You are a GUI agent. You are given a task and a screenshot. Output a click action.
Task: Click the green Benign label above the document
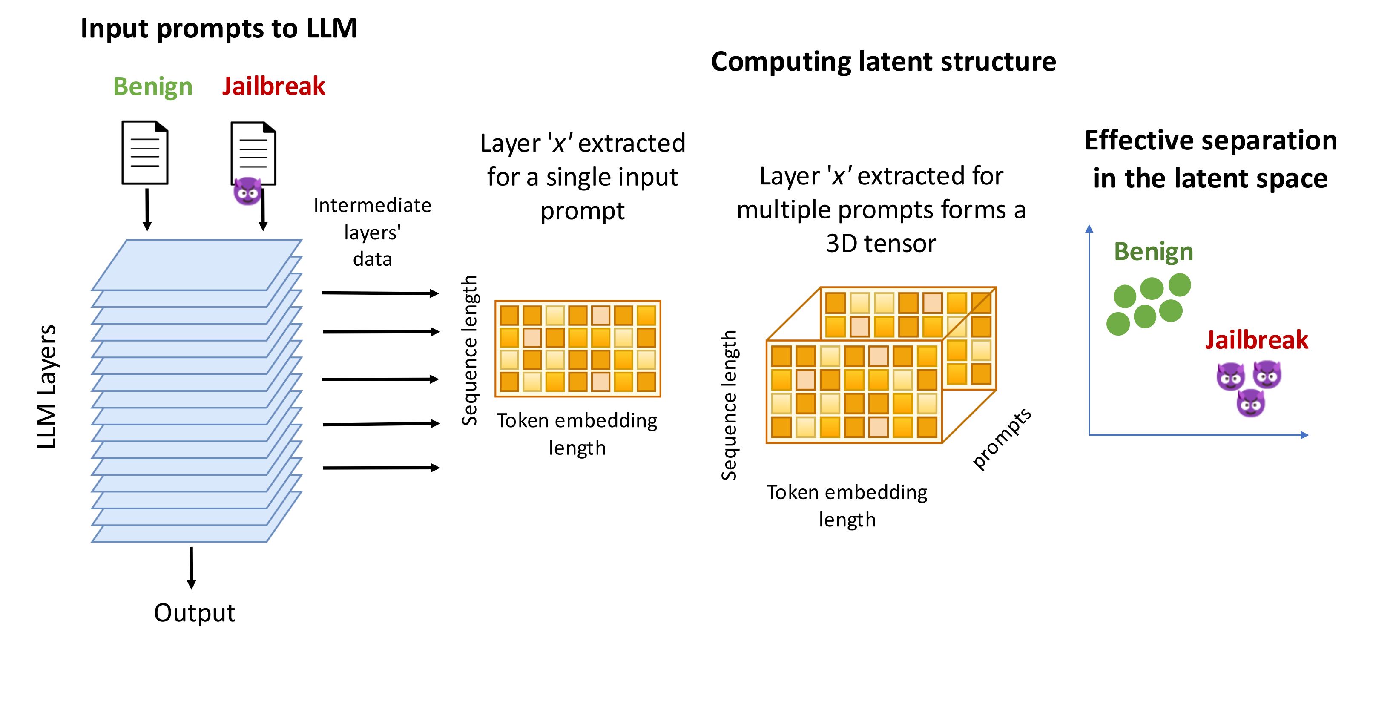click(x=152, y=86)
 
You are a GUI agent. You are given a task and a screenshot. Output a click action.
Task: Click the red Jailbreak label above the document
click(x=273, y=86)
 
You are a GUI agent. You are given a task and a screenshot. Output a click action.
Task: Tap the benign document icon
click(x=145, y=153)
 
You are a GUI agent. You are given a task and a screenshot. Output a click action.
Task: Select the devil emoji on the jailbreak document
click(x=247, y=191)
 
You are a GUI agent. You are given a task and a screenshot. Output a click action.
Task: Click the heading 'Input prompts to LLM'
click(x=218, y=29)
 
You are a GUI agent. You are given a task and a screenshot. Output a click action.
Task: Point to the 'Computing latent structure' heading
click(x=883, y=62)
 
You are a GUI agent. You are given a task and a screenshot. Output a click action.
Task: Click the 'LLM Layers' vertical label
click(x=47, y=387)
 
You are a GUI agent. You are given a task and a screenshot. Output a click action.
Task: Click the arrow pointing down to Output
click(x=191, y=567)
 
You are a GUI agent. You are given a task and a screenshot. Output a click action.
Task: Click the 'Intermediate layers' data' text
click(x=372, y=232)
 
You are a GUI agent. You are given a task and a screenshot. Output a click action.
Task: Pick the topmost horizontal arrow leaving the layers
click(x=380, y=293)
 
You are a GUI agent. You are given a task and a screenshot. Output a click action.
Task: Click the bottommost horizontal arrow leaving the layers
click(x=381, y=468)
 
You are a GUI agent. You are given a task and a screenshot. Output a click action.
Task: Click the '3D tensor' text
click(x=881, y=244)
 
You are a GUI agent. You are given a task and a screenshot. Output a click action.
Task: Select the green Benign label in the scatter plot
click(x=1153, y=252)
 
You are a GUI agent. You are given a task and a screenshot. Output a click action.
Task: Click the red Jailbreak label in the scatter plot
click(x=1256, y=340)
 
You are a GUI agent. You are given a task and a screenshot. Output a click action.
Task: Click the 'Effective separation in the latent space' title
click(x=1210, y=159)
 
